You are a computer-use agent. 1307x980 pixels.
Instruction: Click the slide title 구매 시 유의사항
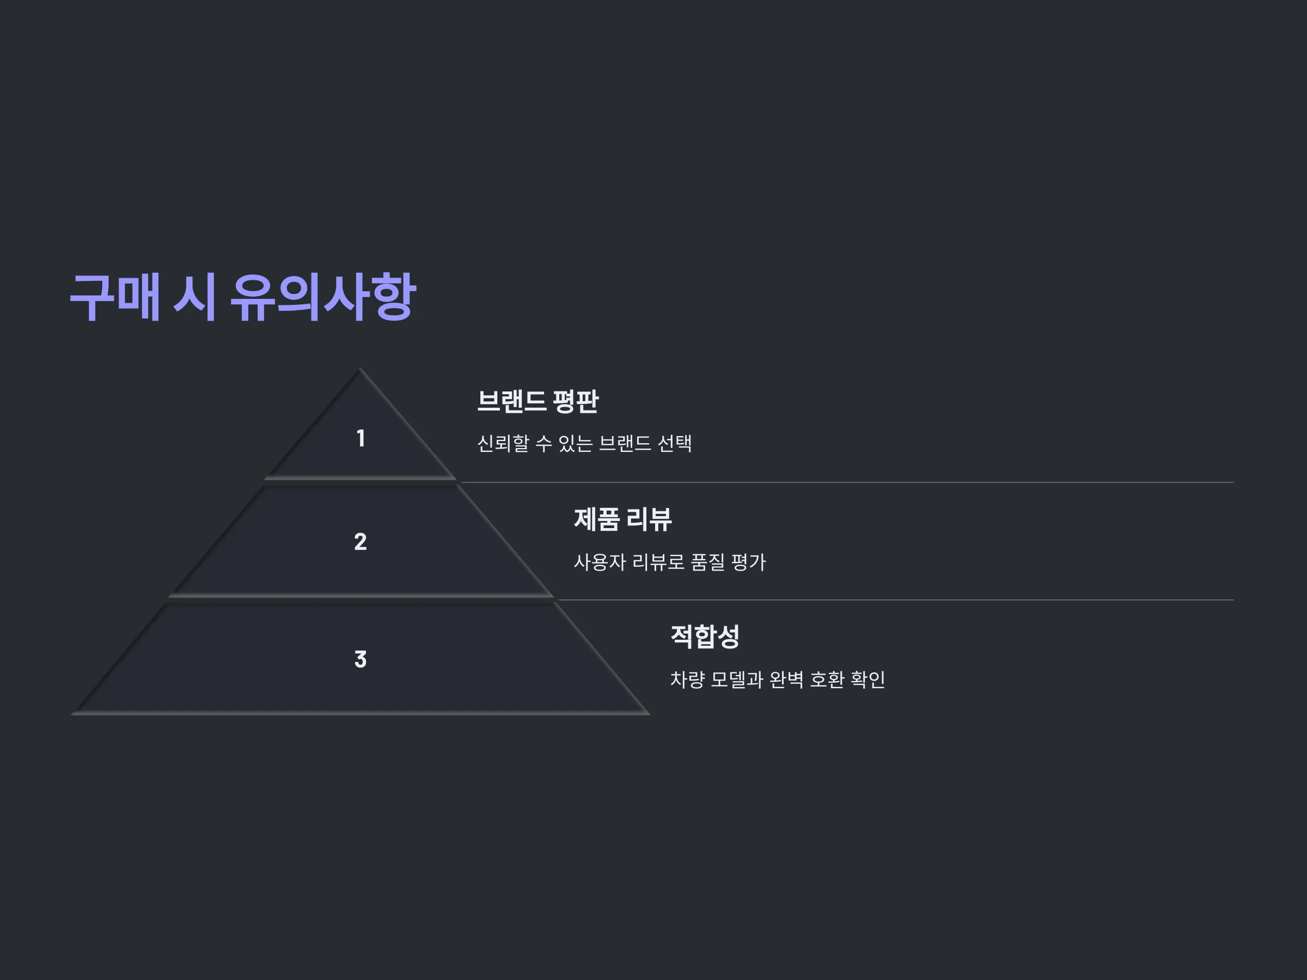tap(243, 297)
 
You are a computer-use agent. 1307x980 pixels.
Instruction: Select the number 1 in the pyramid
tap(361, 438)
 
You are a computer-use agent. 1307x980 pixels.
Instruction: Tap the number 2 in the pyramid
tap(361, 542)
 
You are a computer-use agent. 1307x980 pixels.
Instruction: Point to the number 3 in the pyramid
tap(361, 659)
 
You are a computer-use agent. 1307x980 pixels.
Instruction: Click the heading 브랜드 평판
tap(538, 402)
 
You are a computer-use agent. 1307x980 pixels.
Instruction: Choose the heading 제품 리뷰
tap(623, 520)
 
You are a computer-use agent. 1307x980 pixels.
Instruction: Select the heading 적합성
tap(705, 637)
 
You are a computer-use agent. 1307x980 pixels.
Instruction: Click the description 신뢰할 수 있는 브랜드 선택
tap(584, 443)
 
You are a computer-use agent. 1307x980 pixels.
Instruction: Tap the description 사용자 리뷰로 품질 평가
tap(669, 562)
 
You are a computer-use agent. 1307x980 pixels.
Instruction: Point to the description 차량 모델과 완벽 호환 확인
tap(778, 679)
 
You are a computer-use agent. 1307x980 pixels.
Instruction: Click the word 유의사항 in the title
tap(322, 297)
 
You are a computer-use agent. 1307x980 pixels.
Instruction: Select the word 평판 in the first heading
tap(576, 402)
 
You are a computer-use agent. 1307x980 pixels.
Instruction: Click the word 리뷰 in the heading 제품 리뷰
tap(649, 520)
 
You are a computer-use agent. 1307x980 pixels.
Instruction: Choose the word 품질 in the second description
tap(707, 562)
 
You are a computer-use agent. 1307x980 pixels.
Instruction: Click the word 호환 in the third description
tap(827, 679)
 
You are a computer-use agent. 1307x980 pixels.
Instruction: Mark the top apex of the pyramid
tap(360, 368)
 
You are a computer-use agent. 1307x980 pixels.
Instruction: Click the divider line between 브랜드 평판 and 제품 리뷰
tap(847, 482)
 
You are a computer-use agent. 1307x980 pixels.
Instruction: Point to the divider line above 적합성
tap(896, 600)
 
